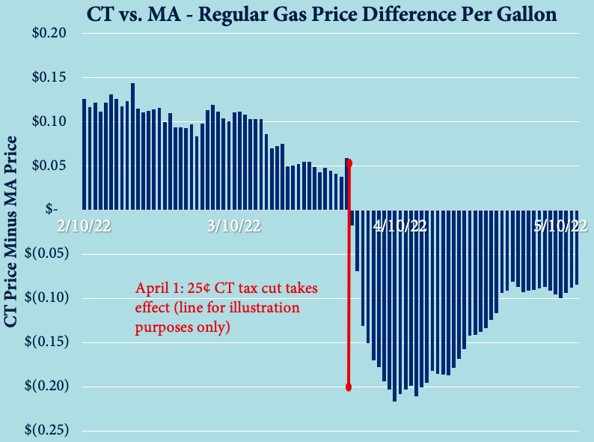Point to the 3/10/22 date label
click(233, 227)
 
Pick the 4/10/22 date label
click(399, 227)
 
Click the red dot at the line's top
click(349, 163)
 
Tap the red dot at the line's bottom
click(349, 387)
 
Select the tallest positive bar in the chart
click(132, 146)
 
